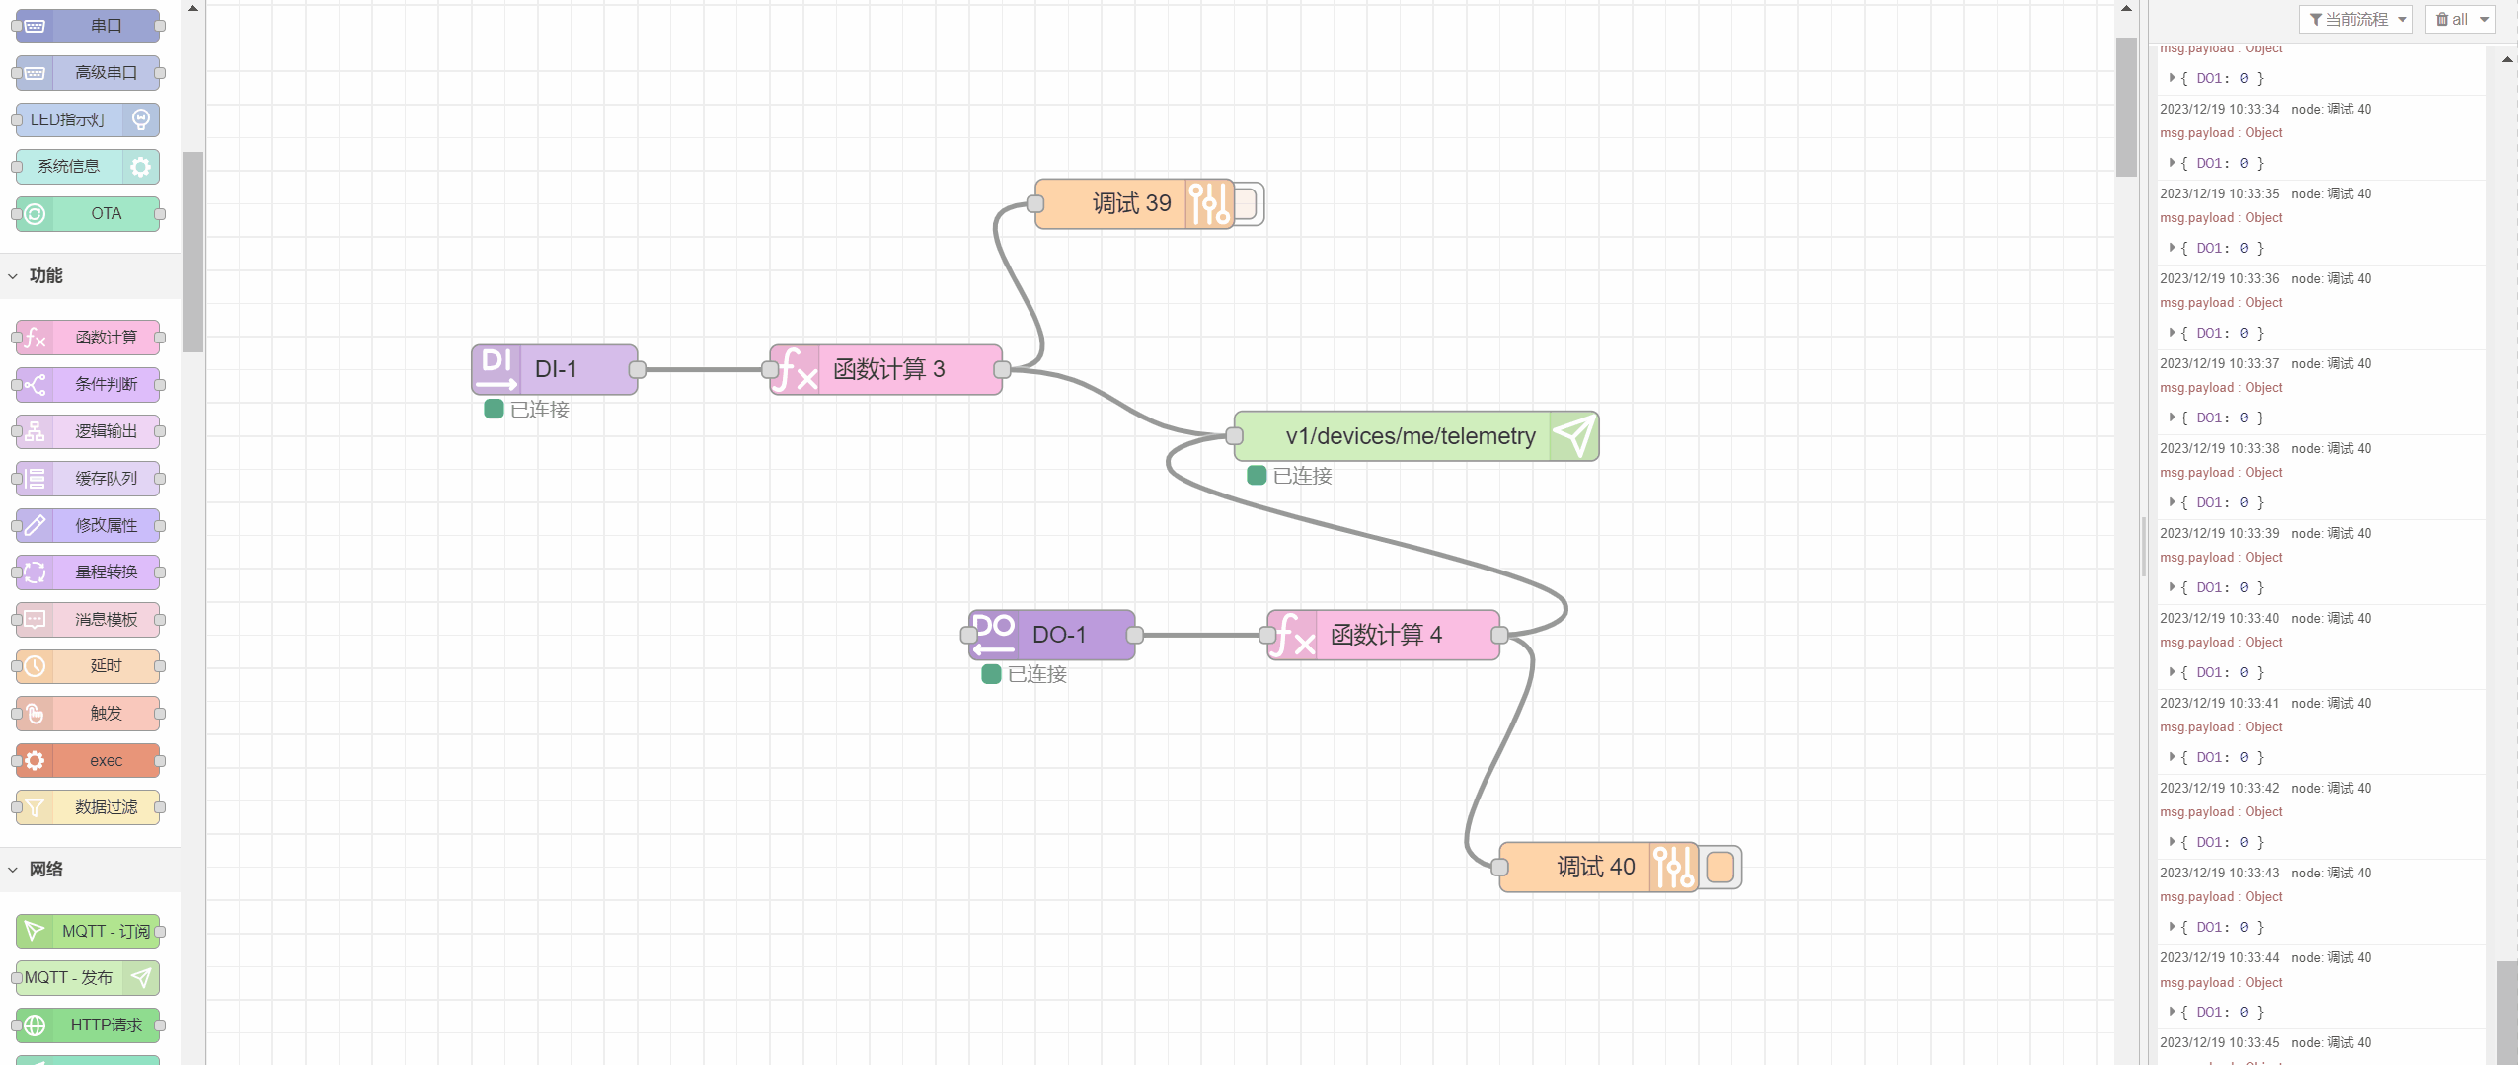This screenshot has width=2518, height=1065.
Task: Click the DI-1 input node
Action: pyautogui.click(x=555, y=369)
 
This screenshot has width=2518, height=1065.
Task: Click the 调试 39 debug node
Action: pyautogui.click(x=1131, y=203)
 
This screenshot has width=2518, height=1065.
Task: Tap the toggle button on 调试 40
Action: pyautogui.click(x=1720, y=867)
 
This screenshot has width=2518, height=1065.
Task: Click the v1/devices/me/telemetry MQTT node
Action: pyautogui.click(x=1410, y=436)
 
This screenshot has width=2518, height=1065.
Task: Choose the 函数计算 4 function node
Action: pyautogui.click(x=1384, y=635)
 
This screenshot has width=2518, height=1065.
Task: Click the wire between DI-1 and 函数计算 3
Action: pyautogui.click(x=704, y=369)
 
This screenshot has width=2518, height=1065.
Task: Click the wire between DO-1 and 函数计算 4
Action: pyautogui.click(x=1201, y=635)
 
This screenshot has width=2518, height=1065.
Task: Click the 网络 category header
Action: pyautogui.click(x=46, y=869)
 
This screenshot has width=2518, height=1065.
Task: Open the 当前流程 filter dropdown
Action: pyautogui.click(x=2355, y=19)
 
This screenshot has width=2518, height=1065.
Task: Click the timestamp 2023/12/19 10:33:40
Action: pyautogui.click(x=2219, y=618)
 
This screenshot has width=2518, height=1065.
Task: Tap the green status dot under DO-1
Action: pyautogui.click(x=991, y=674)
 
